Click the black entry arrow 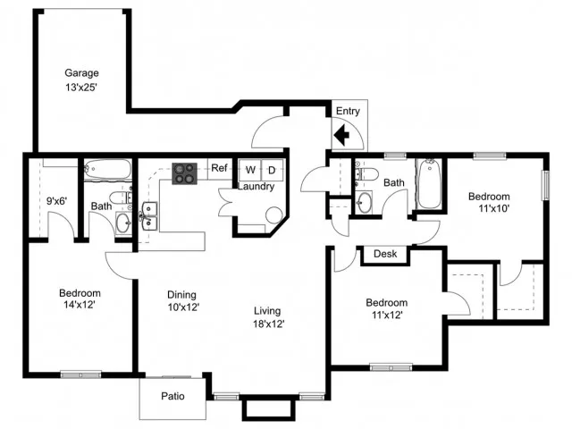pyautogui.click(x=341, y=135)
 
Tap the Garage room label pyautogui.click(x=81, y=73)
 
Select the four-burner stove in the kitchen pyautogui.click(x=185, y=173)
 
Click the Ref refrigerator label pyautogui.click(x=219, y=168)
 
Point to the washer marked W pyautogui.click(x=250, y=170)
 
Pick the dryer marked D pyautogui.click(x=272, y=170)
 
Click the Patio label pyautogui.click(x=172, y=396)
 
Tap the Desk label pyautogui.click(x=385, y=254)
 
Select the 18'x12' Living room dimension pyautogui.click(x=269, y=324)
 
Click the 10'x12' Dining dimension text pyautogui.click(x=183, y=307)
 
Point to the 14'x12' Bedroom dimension pyautogui.click(x=80, y=305)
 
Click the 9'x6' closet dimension pyautogui.click(x=57, y=200)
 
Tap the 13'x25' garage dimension pyautogui.click(x=81, y=88)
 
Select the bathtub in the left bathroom pyautogui.click(x=107, y=170)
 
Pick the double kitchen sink pyautogui.click(x=149, y=216)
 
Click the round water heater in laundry pyautogui.click(x=274, y=215)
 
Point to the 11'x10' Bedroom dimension pyautogui.click(x=493, y=208)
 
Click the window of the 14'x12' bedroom pyautogui.click(x=80, y=374)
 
